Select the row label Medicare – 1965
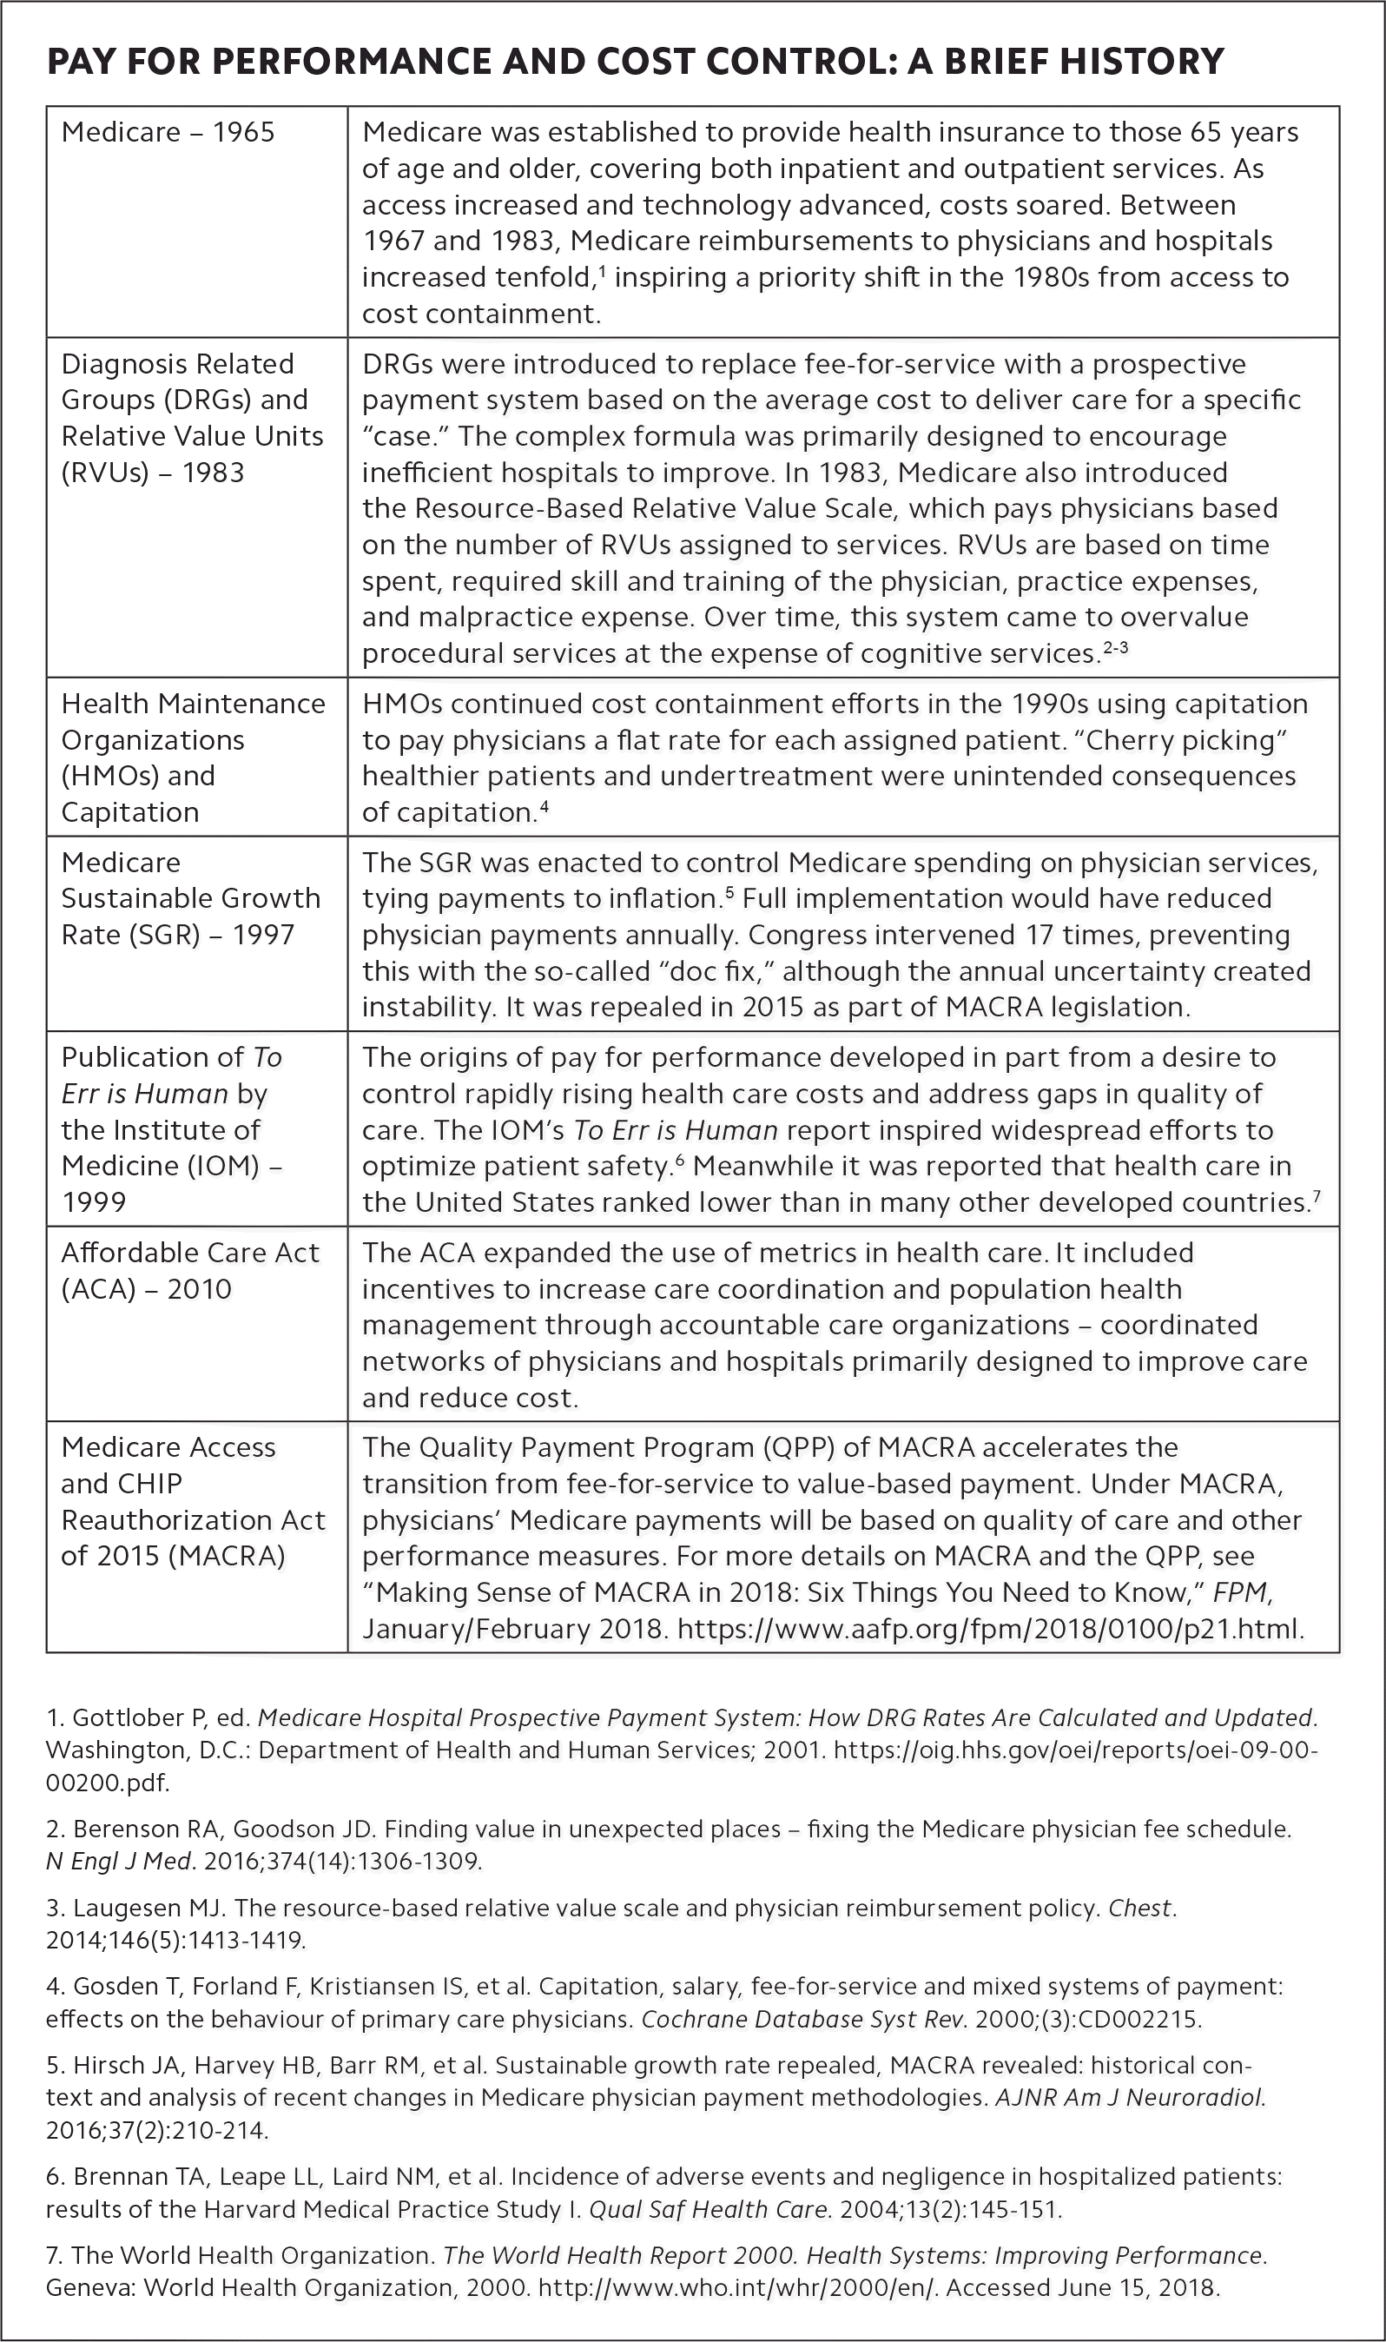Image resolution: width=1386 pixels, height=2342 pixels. [168, 132]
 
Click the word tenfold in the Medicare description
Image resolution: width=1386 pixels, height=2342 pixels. [543, 277]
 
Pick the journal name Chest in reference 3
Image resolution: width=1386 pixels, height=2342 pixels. [1139, 1908]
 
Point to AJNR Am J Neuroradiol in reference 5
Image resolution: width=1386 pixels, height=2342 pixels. [1130, 2097]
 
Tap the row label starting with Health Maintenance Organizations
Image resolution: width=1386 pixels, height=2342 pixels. [193, 757]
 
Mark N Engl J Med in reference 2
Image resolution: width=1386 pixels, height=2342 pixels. [119, 1861]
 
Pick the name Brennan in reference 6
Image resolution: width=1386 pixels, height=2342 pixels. [123, 2177]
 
